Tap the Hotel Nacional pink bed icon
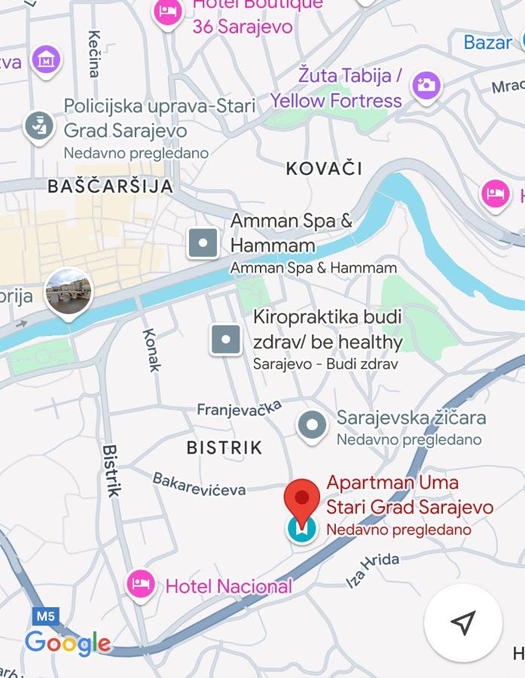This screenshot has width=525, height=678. coord(140,585)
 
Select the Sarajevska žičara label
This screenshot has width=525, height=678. coord(411,417)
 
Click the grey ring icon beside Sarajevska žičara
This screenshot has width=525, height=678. coord(311,426)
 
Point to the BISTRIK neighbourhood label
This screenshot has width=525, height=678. coord(224,447)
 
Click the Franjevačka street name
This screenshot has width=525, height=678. coord(239,408)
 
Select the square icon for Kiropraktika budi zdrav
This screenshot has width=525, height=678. coord(225,339)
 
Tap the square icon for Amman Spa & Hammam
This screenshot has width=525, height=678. coord(203,243)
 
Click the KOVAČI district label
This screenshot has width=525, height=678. coord(324,168)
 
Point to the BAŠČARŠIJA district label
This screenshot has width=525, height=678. coord(110,186)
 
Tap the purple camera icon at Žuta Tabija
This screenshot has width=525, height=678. coord(426,85)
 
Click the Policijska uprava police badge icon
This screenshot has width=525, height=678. coord(38,126)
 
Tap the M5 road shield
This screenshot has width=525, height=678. coord(45,616)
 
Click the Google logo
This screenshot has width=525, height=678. coord(68,643)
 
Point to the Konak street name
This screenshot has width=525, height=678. coord(152,350)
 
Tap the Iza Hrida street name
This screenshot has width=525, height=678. coord(372,570)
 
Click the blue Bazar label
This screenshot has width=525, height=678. coord(487,42)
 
